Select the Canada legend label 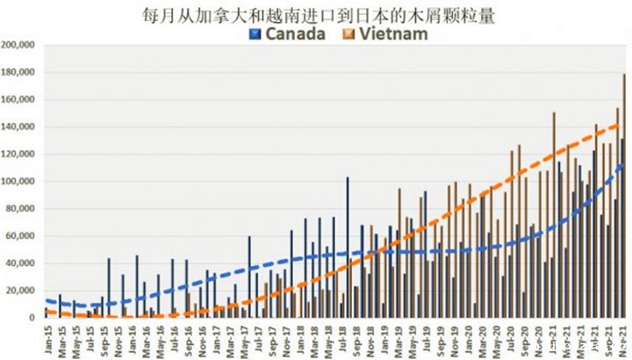pyautogui.click(x=295, y=34)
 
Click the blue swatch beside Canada pyautogui.click(x=255, y=34)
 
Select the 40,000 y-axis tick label pyautogui.click(x=20, y=263)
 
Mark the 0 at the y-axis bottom pyautogui.click(x=32, y=317)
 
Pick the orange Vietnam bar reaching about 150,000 pyautogui.click(x=554, y=214)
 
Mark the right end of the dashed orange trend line pyautogui.click(x=621, y=124)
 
